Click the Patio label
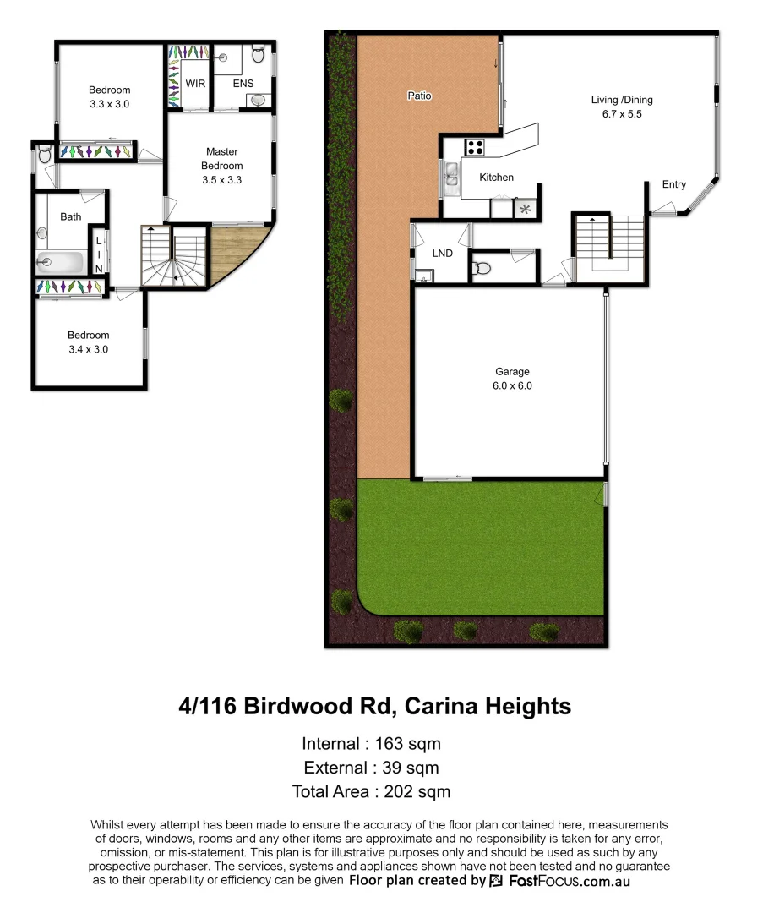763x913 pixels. [419, 96]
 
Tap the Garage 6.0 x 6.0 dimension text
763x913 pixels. [512, 385]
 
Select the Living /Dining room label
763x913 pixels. [621, 100]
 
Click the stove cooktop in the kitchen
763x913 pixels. [474, 147]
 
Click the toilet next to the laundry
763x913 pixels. [482, 269]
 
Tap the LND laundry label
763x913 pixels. [441, 253]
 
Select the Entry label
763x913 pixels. [674, 184]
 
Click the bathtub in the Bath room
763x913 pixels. [61, 263]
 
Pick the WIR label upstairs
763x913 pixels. [196, 84]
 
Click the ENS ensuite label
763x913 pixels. [243, 84]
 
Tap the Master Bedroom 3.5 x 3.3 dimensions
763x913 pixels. [222, 179]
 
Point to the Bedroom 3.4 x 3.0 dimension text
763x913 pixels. [89, 349]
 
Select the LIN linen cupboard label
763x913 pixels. [99, 254]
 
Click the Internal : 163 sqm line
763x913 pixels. [371, 744]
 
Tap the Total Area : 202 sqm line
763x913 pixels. [371, 792]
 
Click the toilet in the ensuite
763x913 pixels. [259, 57]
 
